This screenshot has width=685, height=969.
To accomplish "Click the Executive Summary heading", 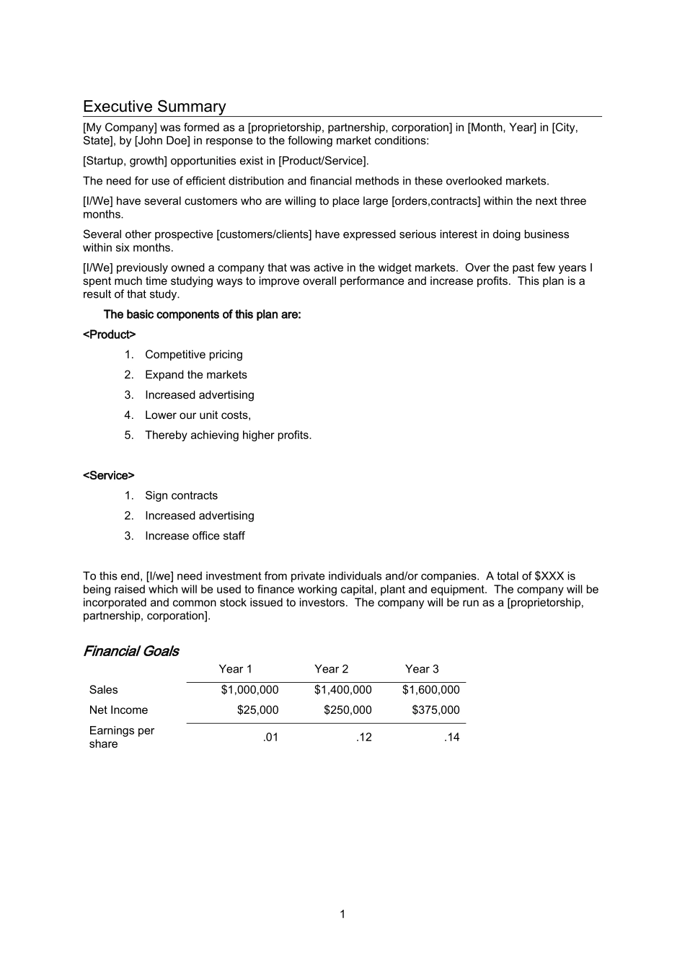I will (x=154, y=107).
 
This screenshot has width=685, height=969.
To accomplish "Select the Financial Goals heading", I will (x=131, y=651).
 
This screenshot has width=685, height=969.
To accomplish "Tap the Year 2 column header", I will (x=331, y=669).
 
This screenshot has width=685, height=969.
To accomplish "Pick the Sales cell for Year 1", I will (x=249, y=690).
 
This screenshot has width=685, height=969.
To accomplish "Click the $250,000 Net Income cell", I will (x=348, y=710).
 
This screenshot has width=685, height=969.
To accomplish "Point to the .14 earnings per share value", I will (x=451, y=737).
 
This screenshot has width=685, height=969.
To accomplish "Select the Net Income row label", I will (x=118, y=710).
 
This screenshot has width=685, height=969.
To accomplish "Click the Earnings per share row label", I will (x=121, y=737).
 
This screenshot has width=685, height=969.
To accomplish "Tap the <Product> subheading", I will (x=110, y=335).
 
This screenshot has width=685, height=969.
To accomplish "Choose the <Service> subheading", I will (x=109, y=476).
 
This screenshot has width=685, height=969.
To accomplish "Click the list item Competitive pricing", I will (x=193, y=355).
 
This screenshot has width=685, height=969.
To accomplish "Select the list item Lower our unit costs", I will (x=198, y=415).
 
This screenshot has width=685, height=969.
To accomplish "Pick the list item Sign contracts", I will (x=181, y=496).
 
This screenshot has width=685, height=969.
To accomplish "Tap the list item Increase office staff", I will (x=195, y=536).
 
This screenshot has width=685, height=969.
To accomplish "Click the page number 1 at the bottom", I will (x=342, y=914).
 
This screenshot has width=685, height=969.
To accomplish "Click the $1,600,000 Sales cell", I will (x=430, y=690).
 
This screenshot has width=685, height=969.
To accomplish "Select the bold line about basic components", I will (x=202, y=314).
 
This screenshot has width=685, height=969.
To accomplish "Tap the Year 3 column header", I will (x=422, y=669).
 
